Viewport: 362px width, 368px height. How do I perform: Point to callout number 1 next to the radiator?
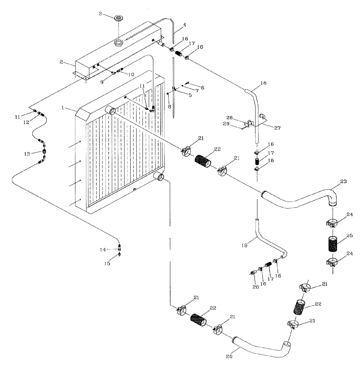(x=63, y=109)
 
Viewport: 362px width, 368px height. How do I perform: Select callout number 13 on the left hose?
(x=27, y=153)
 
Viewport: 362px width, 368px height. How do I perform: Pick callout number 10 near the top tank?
(x=131, y=74)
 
